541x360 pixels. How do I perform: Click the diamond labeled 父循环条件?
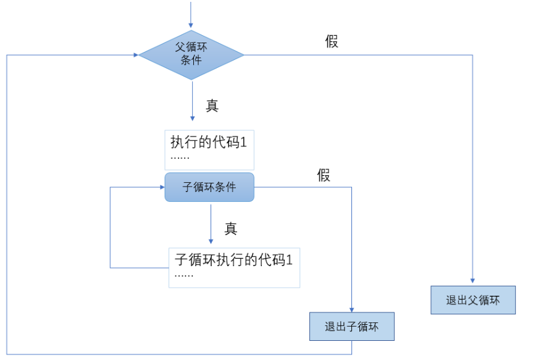pyautogui.click(x=191, y=54)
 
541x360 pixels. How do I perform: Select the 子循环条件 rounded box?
pyautogui.click(x=209, y=187)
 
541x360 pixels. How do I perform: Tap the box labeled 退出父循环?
pyautogui.click(x=472, y=301)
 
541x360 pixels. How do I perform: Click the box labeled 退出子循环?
pyautogui.click(x=351, y=327)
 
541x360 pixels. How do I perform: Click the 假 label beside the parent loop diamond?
pyautogui.click(x=332, y=42)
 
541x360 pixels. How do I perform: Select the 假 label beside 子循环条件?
pyautogui.click(x=324, y=175)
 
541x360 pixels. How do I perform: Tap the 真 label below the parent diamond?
pyautogui.click(x=212, y=106)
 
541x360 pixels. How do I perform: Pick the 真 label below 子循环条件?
pyautogui.click(x=231, y=228)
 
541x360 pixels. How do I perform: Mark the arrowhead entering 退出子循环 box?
pyautogui.click(x=351, y=309)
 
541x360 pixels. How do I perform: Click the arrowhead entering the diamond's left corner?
pyautogui.click(x=135, y=55)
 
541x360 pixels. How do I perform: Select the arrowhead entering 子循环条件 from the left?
pyautogui.click(x=161, y=188)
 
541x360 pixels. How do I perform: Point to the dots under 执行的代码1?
pyautogui.click(x=180, y=158)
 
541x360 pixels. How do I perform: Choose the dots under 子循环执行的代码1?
pyautogui.click(x=184, y=275)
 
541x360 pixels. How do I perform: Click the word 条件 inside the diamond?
pyautogui.click(x=191, y=61)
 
